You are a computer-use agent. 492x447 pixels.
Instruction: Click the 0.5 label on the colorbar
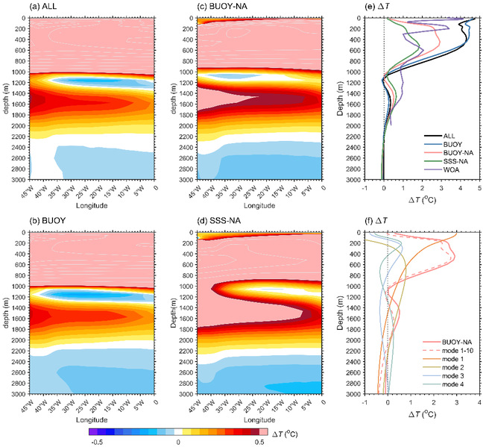[259, 443]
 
